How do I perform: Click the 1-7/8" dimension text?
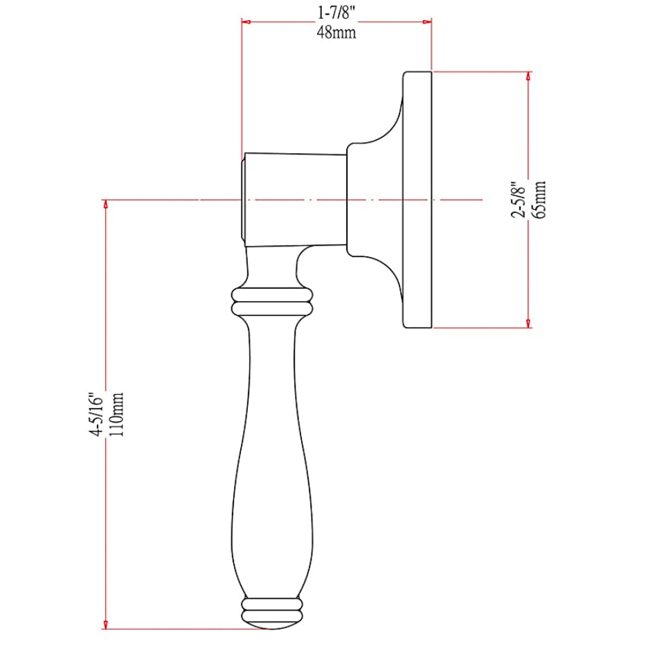(336, 12)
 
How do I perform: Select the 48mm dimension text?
(336, 32)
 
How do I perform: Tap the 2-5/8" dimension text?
(518, 199)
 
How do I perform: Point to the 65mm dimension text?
(539, 199)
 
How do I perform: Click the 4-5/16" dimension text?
(96, 415)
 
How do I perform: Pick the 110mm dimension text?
(117, 415)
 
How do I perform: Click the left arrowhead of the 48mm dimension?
(245, 22)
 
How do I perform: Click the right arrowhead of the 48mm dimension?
(428, 22)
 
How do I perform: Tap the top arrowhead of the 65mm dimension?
(529, 76)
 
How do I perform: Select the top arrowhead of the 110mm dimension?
(105, 204)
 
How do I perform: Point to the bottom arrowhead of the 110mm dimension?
(105, 624)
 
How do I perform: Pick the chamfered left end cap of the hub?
(243, 199)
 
